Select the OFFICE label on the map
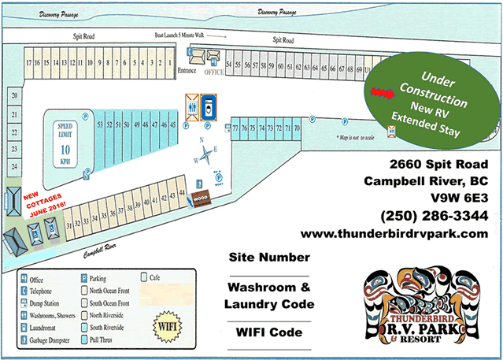click(x=215, y=71)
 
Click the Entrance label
click(x=187, y=71)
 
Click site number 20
click(x=14, y=95)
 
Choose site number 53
click(x=101, y=124)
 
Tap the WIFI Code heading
click(x=268, y=332)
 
